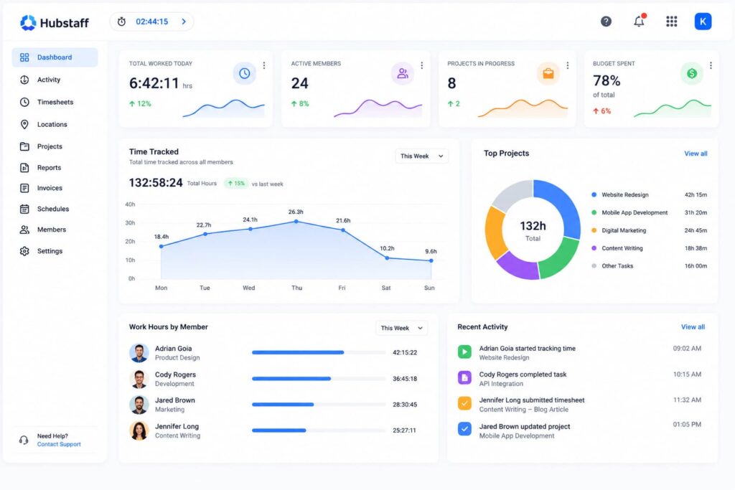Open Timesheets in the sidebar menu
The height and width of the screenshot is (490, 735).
point(55,102)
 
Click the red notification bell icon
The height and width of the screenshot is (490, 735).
point(640,21)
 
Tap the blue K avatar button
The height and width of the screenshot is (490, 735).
point(703,22)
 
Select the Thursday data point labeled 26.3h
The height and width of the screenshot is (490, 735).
point(296,222)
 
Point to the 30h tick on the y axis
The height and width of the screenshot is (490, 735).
point(130,223)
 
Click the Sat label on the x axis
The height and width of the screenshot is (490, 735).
point(385,288)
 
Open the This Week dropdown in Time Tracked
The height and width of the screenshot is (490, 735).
point(421,156)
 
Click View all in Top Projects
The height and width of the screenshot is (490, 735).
point(696,154)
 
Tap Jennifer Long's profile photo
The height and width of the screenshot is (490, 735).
point(139,430)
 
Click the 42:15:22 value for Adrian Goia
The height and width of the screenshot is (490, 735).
point(405,352)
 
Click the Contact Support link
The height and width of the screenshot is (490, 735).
point(59,444)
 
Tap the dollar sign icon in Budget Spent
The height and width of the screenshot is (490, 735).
point(692,73)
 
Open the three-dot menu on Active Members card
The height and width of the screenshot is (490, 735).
point(422,65)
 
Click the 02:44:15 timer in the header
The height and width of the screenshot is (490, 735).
point(152,22)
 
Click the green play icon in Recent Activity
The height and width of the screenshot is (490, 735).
point(464,352)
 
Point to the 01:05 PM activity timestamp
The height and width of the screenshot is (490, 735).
point(687,425)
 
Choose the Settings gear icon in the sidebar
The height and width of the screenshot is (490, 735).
point(24,251)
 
